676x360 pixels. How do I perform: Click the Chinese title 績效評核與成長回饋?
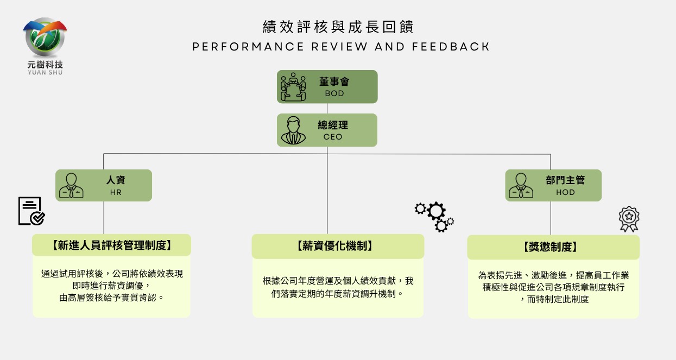[338, 27]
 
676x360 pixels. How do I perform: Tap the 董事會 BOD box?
[327, 87]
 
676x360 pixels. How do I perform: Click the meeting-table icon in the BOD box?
[293, 87]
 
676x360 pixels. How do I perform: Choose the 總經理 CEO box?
[327, 130]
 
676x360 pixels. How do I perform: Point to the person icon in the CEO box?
[293, 130]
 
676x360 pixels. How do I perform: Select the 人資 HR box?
[104, 186]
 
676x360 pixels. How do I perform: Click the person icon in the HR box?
[71, 186]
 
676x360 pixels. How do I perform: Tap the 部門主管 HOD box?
[553, 186]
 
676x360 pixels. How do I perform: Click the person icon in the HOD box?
[521, 186]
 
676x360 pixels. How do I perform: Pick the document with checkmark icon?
[31, 211]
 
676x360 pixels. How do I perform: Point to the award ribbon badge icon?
[629, 219]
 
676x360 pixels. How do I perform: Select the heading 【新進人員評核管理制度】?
[111, 245]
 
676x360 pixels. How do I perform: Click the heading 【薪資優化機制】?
[338, 247]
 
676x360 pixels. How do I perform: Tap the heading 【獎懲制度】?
[553, 248]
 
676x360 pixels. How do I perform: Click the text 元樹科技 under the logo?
[45, 65]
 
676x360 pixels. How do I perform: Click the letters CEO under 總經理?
[333, 137]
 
